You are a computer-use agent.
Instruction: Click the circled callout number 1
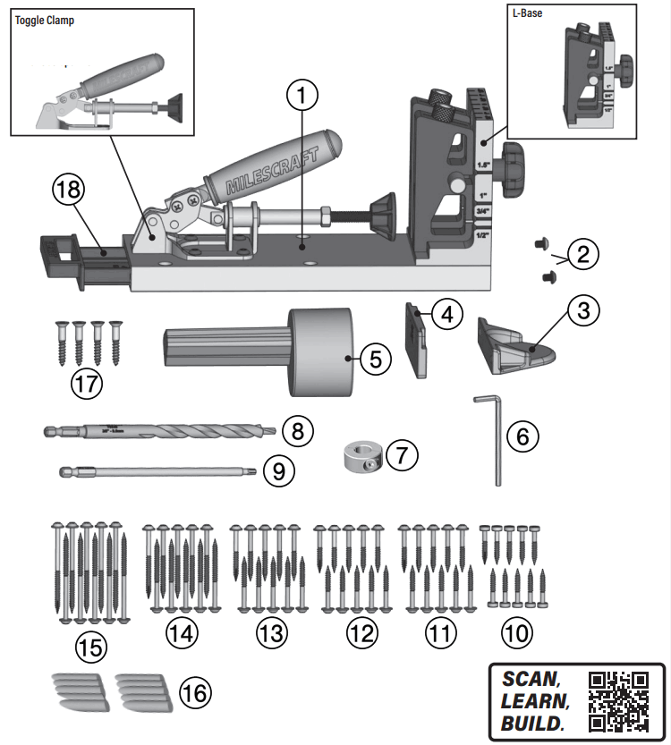click(x=303, y=93)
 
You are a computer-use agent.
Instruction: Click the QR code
click(x=619, y=701)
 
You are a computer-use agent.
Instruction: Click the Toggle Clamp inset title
click(x=44, y=21)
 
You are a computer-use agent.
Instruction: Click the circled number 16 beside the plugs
click(x=196, y=691)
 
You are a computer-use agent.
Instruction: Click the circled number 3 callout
click(x=584, y=311)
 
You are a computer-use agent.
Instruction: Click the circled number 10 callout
click(x=516, y=633)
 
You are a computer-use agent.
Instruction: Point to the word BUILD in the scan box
click(x=532, y=724)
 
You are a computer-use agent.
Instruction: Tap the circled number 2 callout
click(x=583, y=254)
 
